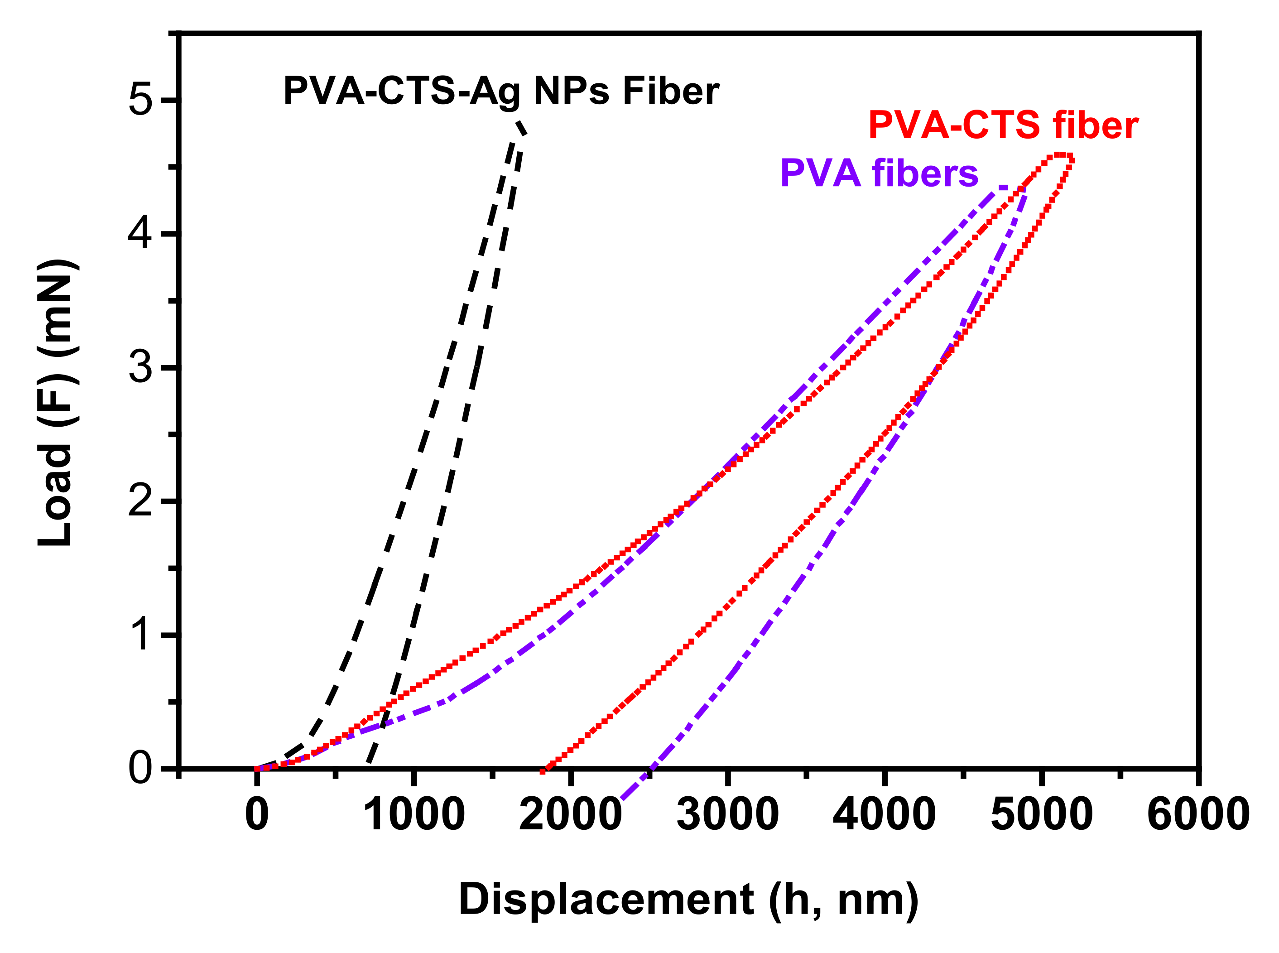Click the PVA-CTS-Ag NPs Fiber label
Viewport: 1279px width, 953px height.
(x=501, y=91)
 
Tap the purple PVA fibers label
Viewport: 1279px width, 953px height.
(x=879, y=173)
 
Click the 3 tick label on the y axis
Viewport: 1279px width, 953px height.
(x=140, y=367)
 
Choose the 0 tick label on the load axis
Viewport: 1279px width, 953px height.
(x=140, y=768)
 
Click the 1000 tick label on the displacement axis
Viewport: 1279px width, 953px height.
(x=414, y=814)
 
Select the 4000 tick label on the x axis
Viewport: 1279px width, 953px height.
(x=884, y=814)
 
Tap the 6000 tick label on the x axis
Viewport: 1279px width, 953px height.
(x=1197, y=814)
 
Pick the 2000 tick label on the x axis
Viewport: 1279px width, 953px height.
(x=570, y=814)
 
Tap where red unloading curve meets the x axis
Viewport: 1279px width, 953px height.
(x=543, y=770)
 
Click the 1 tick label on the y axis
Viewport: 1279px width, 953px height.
(x=140, y=635)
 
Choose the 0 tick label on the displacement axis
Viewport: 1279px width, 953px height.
(x=257, y=814)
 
